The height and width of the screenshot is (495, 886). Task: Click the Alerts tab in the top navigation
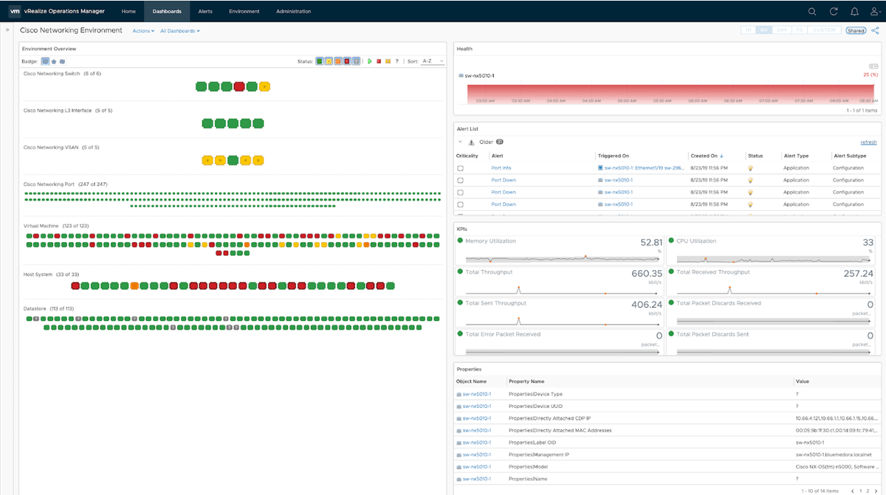coord(205,11)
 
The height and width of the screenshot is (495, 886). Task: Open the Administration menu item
coord(293,11)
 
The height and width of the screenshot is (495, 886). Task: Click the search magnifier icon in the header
coord(812,11)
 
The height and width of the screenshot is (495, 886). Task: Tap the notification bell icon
coord(854,11)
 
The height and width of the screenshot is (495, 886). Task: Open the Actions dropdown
coord(143,31)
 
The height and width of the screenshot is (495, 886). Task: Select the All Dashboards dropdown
coord(179,31)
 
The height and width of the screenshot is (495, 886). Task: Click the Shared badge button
coord(856,31)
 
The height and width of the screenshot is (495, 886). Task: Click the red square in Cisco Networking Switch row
coord(239,86)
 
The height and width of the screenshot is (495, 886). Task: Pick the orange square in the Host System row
coord(134,285)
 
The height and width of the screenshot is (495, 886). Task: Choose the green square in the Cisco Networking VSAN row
coord(233,160)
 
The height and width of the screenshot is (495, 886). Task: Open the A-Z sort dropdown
coord(433,61)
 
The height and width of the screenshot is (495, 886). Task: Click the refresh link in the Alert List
coord(868,142)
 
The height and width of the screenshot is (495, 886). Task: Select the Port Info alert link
coord(501,168)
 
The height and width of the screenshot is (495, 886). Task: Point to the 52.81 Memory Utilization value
coord(651,242)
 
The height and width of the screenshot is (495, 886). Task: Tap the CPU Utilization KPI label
coord(696,241)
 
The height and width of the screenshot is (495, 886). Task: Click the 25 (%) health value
coord(870,75)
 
